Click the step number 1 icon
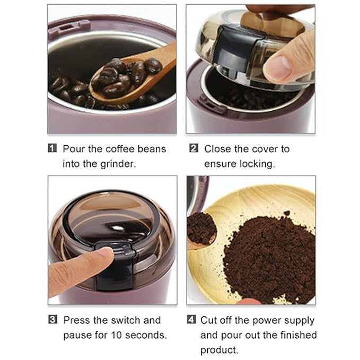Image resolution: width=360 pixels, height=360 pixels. pos(52,149)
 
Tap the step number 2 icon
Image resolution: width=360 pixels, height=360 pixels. pos(194,149)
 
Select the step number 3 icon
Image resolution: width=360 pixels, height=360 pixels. pos(52,320)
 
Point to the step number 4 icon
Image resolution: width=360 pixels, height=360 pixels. pos(191,320)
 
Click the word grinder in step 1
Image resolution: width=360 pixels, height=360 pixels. pos(118,164)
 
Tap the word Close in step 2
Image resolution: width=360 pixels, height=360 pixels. pos(218,149)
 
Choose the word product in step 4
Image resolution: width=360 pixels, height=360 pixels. pos(219,350)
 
